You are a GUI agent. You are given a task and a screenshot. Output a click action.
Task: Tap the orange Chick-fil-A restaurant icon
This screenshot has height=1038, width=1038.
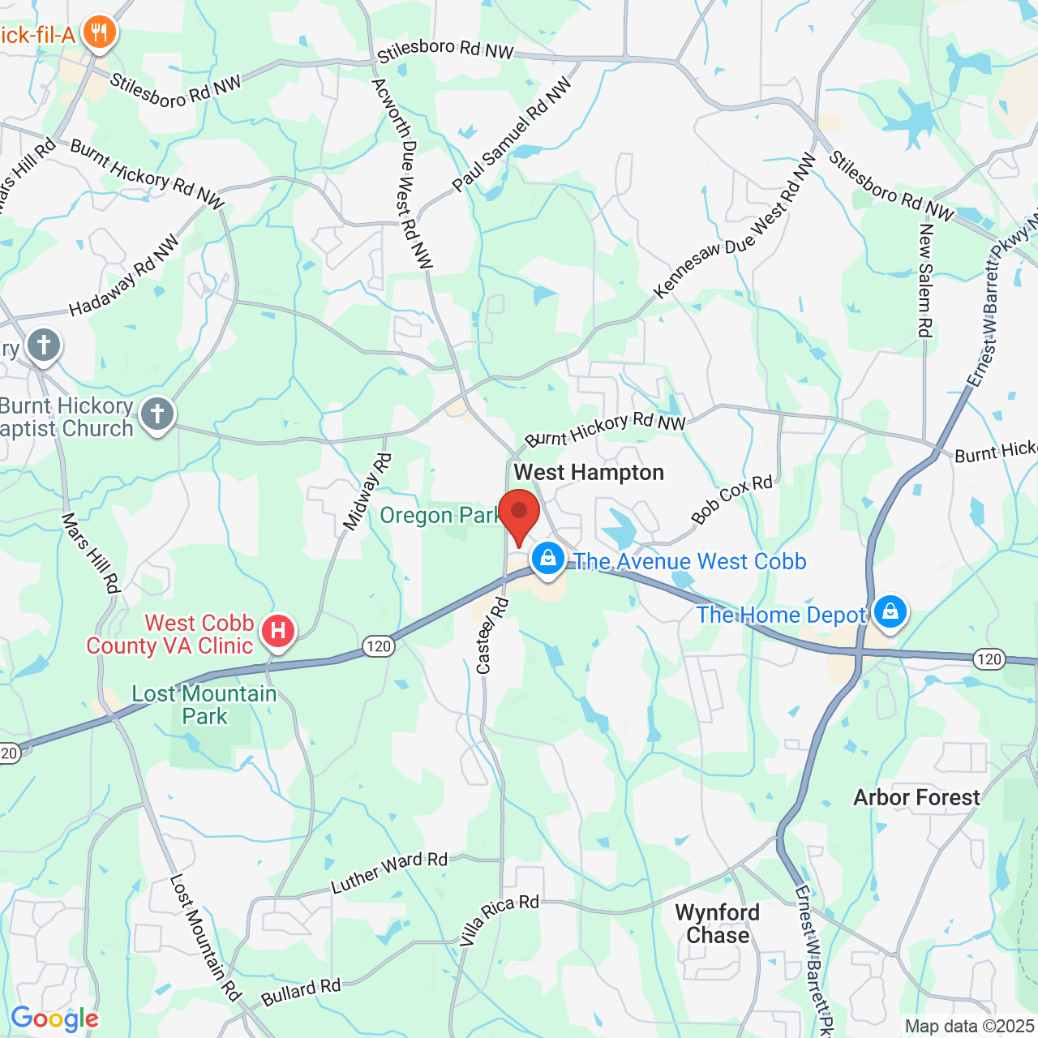(x=99, y=33)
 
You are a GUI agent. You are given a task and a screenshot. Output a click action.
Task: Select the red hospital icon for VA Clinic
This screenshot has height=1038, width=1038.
(x=278, y=630)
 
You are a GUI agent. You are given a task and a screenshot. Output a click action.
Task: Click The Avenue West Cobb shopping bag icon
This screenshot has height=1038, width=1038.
(x=548, y=559)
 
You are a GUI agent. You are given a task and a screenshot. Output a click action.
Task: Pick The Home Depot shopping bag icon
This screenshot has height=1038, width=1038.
(x=890, y=611)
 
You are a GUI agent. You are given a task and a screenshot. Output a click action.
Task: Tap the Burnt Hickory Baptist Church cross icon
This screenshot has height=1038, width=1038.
(x=157, y=414)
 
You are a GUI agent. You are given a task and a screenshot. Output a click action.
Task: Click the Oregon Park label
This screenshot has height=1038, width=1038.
(x=438, y=516)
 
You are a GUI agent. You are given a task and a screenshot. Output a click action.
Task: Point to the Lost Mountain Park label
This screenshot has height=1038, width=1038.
(x=204, y=705)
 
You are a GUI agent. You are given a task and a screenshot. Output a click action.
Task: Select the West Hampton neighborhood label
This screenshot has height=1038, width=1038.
(x=589, y=472)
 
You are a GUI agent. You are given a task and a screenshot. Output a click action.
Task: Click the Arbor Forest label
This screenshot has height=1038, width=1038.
(x=916, y=798)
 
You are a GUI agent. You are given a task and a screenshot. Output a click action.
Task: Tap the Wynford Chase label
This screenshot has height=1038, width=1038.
(x=718, y=924)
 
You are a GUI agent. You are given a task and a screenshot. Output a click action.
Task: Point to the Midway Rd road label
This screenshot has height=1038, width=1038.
(x=367, y=492)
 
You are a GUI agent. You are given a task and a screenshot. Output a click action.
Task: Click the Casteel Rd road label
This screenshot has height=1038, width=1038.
(x=491, y=637)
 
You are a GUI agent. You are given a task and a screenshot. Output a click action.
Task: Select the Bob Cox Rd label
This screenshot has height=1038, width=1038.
(x=731, y=499)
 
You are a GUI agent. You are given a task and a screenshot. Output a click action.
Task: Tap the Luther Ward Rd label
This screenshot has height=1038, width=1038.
(x=389, y=873)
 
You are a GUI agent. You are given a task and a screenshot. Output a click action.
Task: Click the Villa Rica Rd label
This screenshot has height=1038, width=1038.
(x=499, y=920)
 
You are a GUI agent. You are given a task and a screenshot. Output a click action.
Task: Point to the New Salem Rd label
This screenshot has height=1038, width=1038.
(x=925, y=281)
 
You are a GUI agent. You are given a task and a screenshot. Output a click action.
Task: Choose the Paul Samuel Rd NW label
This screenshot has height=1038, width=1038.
(x=512, y=135)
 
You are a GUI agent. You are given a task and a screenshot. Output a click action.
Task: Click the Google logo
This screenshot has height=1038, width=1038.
(x=54, y=1019)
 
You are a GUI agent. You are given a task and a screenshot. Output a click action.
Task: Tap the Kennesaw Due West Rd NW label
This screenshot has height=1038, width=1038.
(x=735, y=227)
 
